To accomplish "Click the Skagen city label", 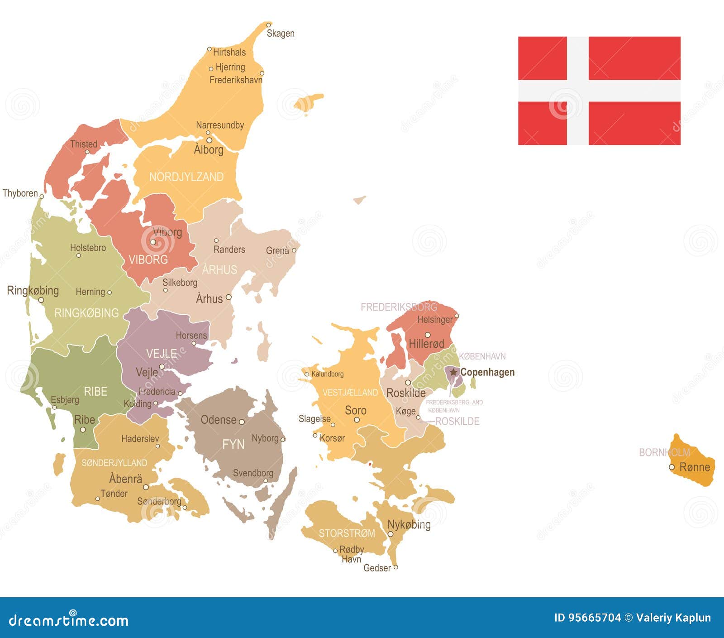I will click(280, 34).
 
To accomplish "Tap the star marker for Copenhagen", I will click(453, 372).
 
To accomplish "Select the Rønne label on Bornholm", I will click(695, 467).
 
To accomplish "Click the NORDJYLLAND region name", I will click(186, 177).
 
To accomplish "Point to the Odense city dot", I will click(242, 422).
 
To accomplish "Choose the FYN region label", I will click(233, 445).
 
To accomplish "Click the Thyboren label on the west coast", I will click(20, 193).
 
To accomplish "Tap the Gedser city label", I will click(377, 568).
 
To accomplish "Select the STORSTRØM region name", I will click(347, 533).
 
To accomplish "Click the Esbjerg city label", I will click(65, 400).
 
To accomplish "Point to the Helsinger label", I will click(434, 320).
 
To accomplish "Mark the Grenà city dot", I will click(294, 250).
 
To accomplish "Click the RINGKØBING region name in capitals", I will click(86, 313).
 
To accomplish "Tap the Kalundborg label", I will click(327, 374).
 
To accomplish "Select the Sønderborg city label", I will click(159, 501).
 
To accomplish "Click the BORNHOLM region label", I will click(664, 452).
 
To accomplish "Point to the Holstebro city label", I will click(88, 248).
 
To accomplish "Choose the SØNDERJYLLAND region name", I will click(114, 463).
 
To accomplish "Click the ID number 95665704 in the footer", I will click(587, 618).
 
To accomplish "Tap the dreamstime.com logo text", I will click(69, 620).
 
